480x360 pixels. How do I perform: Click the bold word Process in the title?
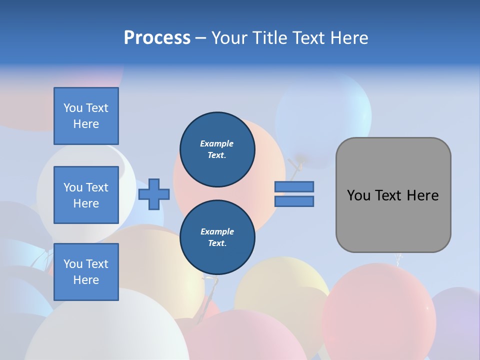click(x=157, y=38)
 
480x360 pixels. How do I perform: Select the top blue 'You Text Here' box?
click(x=86, y=116)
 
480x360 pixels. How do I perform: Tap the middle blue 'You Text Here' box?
click(x=86, y=195)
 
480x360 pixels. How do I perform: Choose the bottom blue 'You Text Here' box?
click(x=86, y=272)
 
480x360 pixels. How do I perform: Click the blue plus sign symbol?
click(x=154, y=194)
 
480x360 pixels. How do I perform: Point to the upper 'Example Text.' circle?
click(x=217, y=149)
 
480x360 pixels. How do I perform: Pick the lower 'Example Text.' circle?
click(x=217, y=237)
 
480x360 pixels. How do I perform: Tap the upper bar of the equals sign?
click(x=294, y=187)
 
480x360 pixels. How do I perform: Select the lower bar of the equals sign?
click(x=294, y=201)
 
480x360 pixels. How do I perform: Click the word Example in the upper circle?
click(x=217, y=143)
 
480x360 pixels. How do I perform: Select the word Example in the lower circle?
click(x=217, y=231)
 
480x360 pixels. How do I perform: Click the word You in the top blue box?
click(x=73, y=108)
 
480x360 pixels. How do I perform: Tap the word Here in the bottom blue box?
click(x=86, y=280)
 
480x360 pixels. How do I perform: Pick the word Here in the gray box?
click(x=422, y=195)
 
